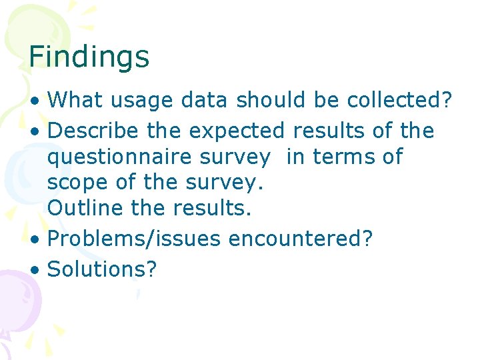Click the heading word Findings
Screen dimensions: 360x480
pos(89,57)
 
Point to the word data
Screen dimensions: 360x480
pos(197,101)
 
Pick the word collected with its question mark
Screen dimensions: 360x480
pos(399,101)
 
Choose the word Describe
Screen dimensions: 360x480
pos(95,131)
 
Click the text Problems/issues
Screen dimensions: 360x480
pos(134,239)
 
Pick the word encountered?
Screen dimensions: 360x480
pos(301,239)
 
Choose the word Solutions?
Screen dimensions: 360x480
pos(103,269)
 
